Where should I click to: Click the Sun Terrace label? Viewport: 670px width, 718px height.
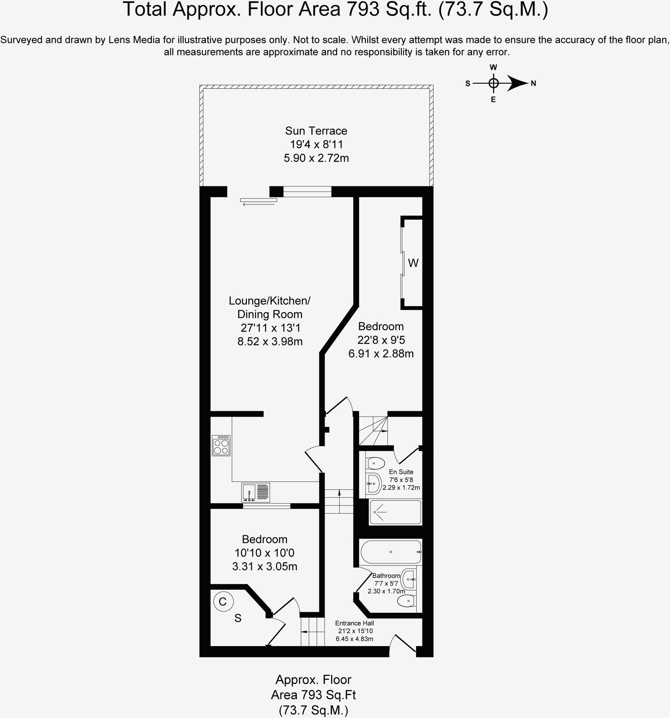coord(316,131)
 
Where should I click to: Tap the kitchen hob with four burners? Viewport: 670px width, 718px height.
coord(221,446)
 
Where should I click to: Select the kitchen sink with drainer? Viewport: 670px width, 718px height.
coord(255,493)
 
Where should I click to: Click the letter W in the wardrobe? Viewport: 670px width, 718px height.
coord(413,263)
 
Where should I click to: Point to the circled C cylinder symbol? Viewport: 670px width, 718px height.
coord(223,602)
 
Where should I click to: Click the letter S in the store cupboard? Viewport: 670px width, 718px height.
coord(238,619)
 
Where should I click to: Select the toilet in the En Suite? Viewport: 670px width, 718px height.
coord(375,463)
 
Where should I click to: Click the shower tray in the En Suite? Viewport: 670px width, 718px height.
coord(395,512)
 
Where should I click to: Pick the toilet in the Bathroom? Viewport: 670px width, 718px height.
coord(406,601)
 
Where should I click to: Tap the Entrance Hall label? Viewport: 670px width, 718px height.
coord(354,623)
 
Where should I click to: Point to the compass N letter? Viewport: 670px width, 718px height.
coord(533,84)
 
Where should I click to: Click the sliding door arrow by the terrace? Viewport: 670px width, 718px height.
coord(259,205)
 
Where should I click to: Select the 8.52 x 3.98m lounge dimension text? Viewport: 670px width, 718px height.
coord(270,341)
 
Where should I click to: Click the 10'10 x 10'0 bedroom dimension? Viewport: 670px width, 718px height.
coord(264,553)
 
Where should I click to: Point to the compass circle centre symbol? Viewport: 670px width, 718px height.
coord(493,83)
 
